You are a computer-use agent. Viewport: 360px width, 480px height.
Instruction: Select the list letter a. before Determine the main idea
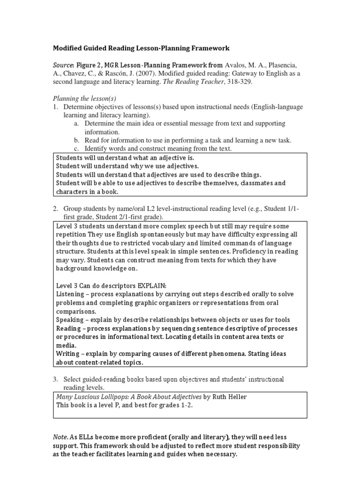[x=76, y=123]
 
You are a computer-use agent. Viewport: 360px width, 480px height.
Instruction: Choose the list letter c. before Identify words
[x=76, y=149]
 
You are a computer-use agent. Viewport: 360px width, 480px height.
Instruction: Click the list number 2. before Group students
[x=55, y=208]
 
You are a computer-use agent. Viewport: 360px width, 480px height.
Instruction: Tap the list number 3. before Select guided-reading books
[x=55, y=379]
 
